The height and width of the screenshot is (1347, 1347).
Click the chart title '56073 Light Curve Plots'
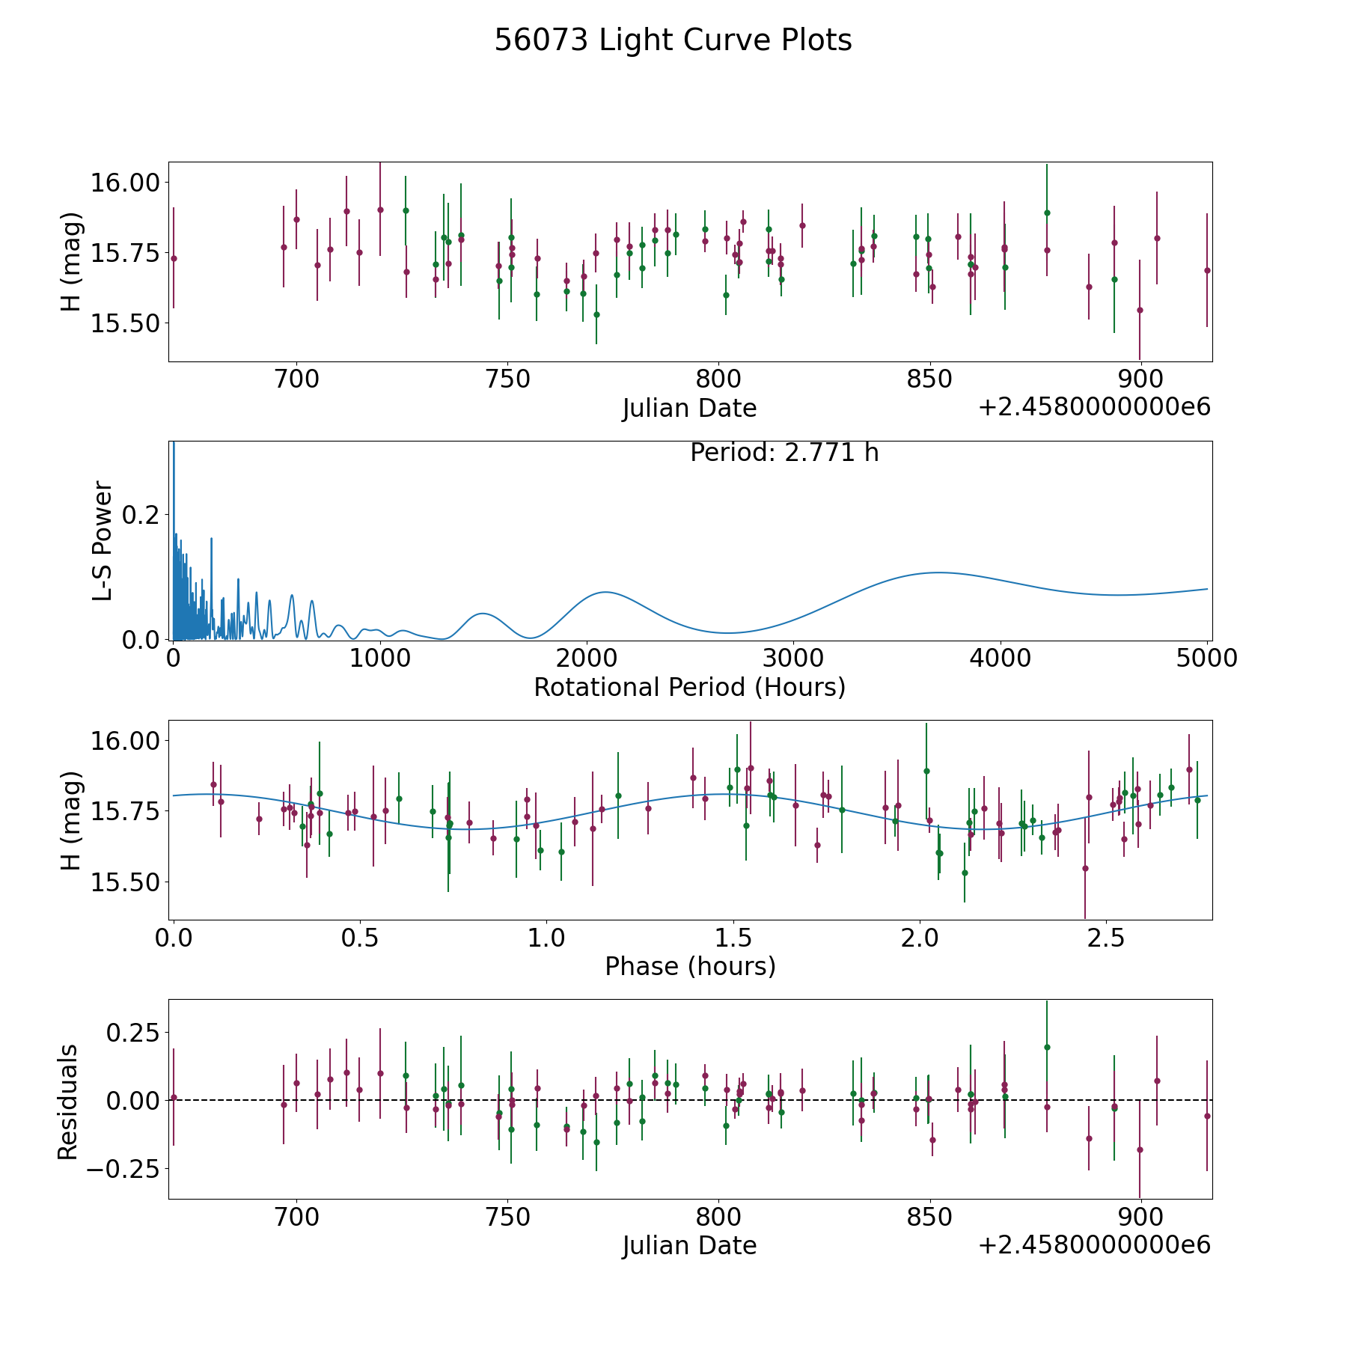click(x=673, y=40)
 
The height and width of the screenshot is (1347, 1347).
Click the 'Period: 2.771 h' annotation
click(x=784, y=453)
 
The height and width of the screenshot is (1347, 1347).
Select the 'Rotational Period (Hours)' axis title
click(x=689, y=687)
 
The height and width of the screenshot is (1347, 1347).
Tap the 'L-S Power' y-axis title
click(x=103, y=540)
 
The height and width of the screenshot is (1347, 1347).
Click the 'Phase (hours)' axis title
click(x=690, y=966)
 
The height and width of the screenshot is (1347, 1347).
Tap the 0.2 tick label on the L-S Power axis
click(x=141, y=515)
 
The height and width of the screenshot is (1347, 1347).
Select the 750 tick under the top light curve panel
click(x=507, y=379)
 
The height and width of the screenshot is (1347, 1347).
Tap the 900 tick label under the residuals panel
click(x=1140, y=1217)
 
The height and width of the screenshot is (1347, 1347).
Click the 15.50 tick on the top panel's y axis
click(x=125, y=324)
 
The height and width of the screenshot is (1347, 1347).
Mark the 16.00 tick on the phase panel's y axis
click(x=125, y=741)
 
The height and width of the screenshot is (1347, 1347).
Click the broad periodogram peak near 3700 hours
click(x=938, y=572)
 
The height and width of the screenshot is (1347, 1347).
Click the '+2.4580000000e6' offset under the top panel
click(x=1094, y=408)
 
